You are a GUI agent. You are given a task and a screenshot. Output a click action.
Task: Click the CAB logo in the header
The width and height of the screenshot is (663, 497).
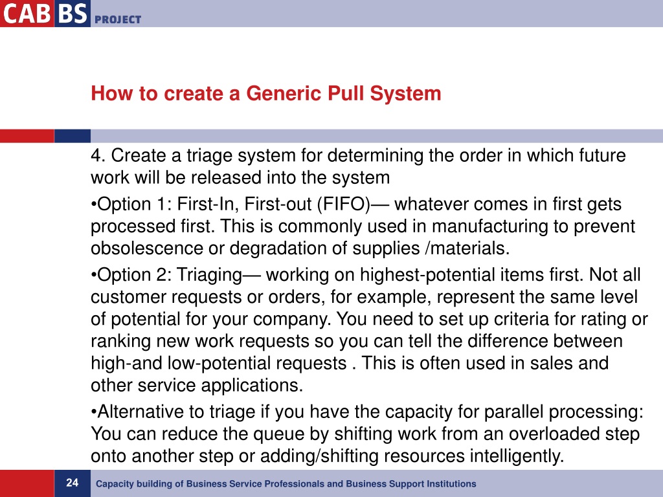[26, 13]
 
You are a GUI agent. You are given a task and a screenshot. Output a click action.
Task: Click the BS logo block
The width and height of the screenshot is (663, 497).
[71, 13]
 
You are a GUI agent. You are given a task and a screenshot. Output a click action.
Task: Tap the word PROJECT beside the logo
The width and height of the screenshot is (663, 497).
[118, 19]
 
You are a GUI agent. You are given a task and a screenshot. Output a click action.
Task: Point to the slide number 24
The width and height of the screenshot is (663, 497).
[72, 483]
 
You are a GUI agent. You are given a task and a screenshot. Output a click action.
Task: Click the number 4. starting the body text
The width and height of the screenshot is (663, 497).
[98, 156]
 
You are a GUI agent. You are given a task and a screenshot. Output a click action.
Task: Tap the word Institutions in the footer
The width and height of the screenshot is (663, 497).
[451, 484]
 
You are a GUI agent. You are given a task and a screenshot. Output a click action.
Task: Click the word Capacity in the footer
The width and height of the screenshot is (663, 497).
[113, 484]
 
